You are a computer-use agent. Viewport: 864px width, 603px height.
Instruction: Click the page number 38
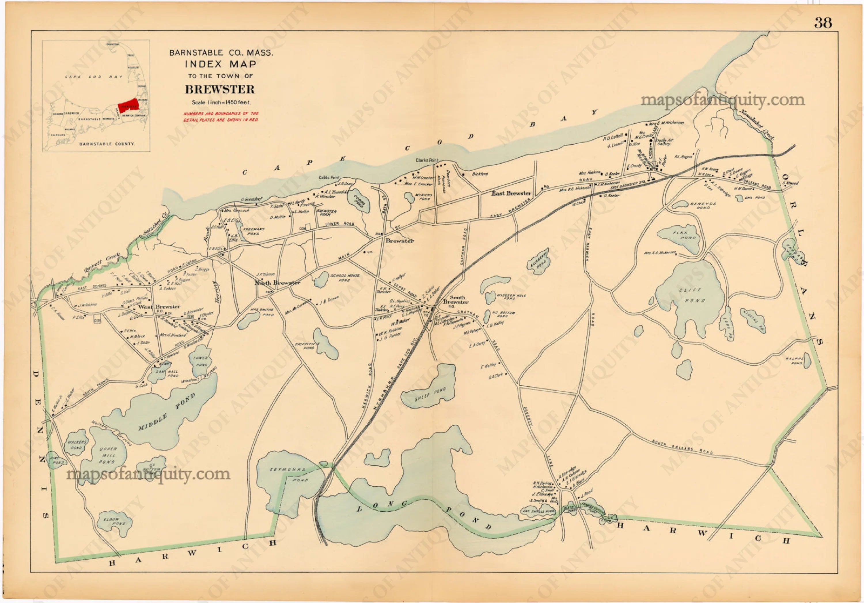coord(823,23)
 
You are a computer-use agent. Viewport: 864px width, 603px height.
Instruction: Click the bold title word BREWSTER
coord(220,90)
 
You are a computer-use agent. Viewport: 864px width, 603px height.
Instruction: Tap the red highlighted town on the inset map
coord(128,104)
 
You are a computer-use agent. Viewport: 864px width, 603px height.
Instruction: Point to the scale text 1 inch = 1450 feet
coord(221,102)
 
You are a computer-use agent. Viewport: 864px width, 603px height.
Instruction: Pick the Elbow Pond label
coord(114,521)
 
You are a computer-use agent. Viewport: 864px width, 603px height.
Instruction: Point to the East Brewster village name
coord(511,193)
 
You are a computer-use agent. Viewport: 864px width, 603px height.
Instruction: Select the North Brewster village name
coord(277,283)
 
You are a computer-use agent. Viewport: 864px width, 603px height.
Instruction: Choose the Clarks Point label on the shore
coord(427,160)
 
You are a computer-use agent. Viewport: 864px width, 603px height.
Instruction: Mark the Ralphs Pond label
coord(794,361)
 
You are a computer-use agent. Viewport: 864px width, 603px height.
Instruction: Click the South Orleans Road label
coord(682,447)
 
